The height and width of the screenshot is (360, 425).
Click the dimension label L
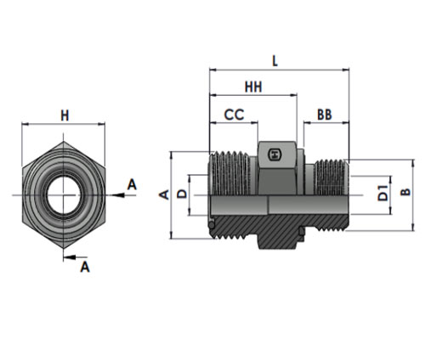pyautogui.click(x=275, y=61)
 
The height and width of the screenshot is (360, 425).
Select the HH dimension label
pyautogui.click(x=253, y=87)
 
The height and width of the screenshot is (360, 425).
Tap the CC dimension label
pyautogui.click(x=234, y=115)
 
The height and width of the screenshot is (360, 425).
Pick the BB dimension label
pyautogui.click(x=325, y=115)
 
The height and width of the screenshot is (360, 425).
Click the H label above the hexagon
pyautogui.click(x=65, y=115)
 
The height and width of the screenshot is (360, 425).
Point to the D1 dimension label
pyautogui.click(x=382, y=193)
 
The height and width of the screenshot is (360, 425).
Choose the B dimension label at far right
pyautogui.click(x=405, y=192)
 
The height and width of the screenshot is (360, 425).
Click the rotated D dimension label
pyautogui.click(x=182, y=194)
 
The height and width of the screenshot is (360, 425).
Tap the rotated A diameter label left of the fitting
pyautogui.click(x=164, y=194)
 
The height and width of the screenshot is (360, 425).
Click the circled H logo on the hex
pyautogui.click(x=274, y=155)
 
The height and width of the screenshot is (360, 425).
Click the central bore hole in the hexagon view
pyautogui.click(x=63, y=195)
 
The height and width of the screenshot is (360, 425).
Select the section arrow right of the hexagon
pyautogui.click(x=117, y=195)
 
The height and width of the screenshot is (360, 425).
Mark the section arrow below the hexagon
pyautogui.click(x=70, y=257)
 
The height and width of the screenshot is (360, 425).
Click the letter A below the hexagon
pyautogui.click(x=85, y=267)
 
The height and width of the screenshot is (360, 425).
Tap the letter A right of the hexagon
pyautogui.click(x=132, y=184)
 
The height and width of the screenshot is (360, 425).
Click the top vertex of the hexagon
pyautogui.click(x=64, y=142)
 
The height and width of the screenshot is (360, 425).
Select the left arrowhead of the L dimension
pyautogui.click(x=213, y=70)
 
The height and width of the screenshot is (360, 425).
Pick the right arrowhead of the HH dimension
pyautogui.click(x=293, y=95)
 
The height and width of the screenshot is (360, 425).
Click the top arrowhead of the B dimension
pyautogui.click(x=413, y=163)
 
